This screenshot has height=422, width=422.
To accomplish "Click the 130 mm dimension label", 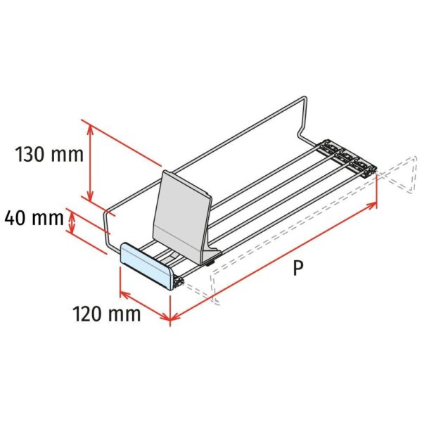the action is tap(49, 155).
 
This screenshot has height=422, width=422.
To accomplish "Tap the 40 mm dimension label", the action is tap(34, 218).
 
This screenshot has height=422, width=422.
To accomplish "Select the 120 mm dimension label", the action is tap(107, 314).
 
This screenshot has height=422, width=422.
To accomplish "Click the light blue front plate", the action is tap(147, 266).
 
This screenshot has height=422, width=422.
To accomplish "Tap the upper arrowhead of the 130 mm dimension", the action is tap(90, 129).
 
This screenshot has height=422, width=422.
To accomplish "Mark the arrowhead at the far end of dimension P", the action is tap(373, 205).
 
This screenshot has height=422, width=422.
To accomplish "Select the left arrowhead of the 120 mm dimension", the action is tap(124, 294).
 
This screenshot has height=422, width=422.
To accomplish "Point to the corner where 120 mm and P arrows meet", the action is tap(170, 319).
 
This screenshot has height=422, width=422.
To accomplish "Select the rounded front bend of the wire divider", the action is tap(107, 212).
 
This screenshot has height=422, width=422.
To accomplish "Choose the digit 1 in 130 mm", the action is tap(20, 155).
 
